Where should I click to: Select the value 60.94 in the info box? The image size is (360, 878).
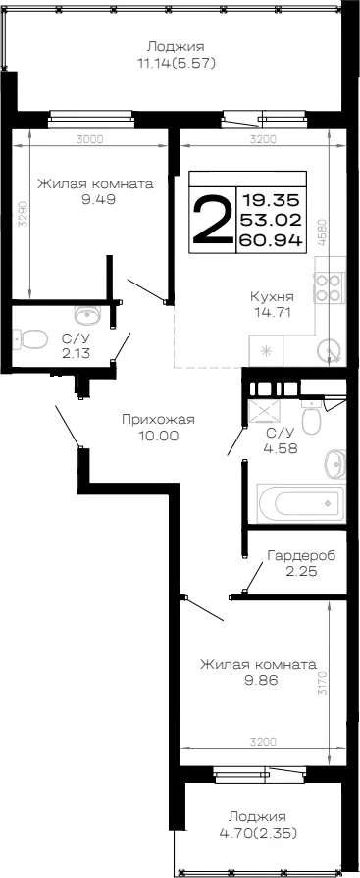click(272, 240)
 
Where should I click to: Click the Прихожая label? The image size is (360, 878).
click(159, 420)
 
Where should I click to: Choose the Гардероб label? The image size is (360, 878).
click(301, 556)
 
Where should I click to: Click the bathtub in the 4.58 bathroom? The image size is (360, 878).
click(300, 503)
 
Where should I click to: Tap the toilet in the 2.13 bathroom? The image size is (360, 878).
click(30, 338)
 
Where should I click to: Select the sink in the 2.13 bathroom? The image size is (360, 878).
click(87, 315)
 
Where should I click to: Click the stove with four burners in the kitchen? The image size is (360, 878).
click(329, 286)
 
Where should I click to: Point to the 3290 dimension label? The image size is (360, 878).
click(23, 213)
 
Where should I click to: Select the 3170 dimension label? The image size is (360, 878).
click(322, 682)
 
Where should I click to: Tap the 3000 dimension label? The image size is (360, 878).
click(89, 140)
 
